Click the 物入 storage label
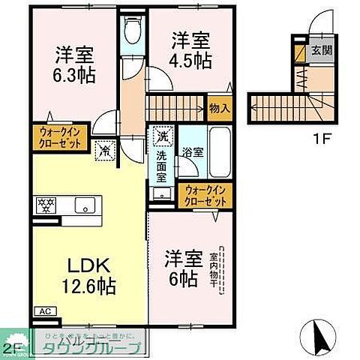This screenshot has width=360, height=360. [220, 108]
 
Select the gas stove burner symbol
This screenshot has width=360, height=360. [46, 203]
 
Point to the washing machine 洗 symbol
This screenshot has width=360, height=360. [161, 137]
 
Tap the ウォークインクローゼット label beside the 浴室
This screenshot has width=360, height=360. [205, 196]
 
